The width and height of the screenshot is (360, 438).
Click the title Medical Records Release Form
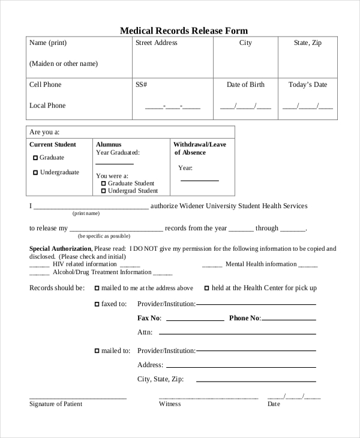click(x=184, y=31)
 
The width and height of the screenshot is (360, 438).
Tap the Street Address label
click(x=156, y=43)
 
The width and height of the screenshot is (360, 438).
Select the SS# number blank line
click(x=173, y=107)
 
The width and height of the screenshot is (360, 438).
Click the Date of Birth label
click(x=245, y=85)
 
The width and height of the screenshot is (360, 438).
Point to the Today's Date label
click(x=308, y=85)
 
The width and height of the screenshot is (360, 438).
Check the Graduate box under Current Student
click(x=35, y=158)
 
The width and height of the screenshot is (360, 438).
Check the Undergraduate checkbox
click(x=35, y=173)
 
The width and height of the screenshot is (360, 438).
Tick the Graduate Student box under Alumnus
click(x=103, y=184)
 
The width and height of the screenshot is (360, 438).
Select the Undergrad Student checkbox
click(x=103, y=191)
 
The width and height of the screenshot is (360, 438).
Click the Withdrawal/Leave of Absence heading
click(x=200, y=148)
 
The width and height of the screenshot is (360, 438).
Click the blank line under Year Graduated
click(x=115, y=163)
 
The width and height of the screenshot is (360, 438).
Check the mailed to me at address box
click(x=97, y=288)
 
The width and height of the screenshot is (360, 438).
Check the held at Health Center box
click(x=207, y=288)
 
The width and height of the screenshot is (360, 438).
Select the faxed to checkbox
click(x=97, y=304)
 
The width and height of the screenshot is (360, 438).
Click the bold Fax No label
click(x=149, y=318)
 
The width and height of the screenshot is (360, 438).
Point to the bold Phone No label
click(x=245, y=318)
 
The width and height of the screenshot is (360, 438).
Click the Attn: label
click(x=145, y=332)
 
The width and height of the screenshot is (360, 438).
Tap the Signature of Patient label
click(x=56, y=404)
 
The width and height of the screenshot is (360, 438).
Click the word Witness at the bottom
click(x=170, y=404)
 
